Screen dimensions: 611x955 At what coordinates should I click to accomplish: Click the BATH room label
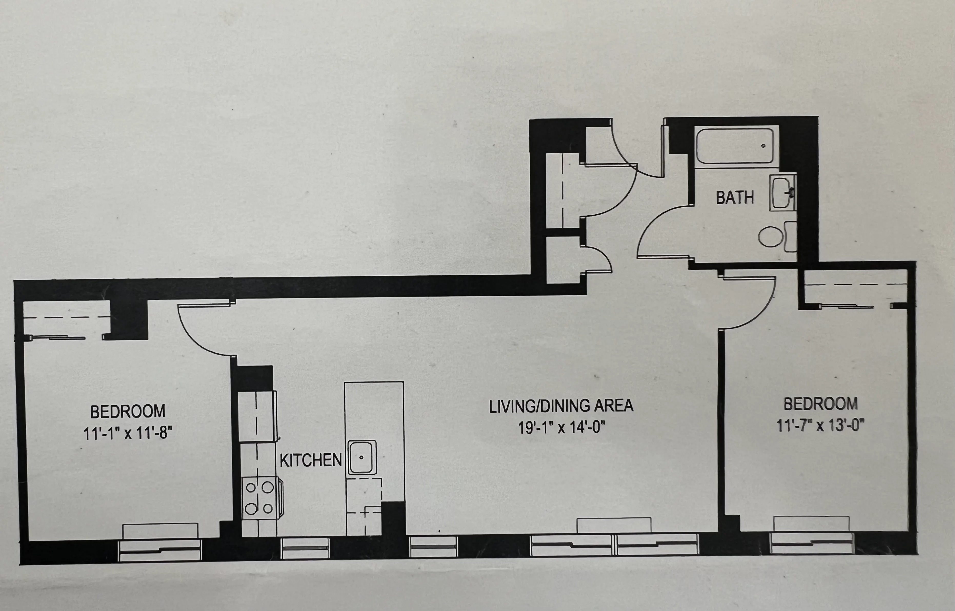735,197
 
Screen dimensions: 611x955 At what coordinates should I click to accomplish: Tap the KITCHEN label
310,460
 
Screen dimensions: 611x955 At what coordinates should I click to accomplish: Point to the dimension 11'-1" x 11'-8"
128,433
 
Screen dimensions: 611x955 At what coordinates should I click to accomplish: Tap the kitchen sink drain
361,457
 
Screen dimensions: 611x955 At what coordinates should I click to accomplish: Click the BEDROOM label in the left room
128,412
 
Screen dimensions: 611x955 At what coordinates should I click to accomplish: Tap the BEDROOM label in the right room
820,404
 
